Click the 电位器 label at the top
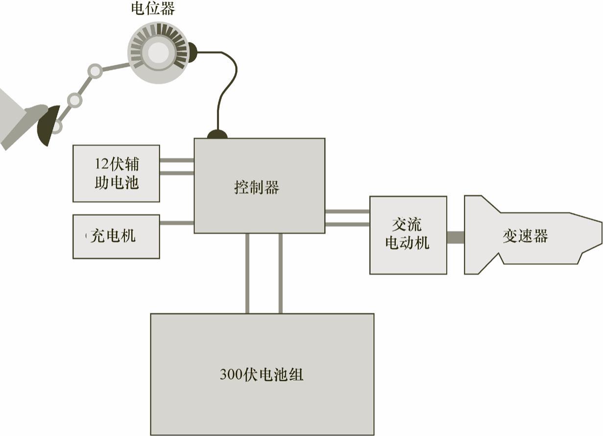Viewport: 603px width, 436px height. [153, 8]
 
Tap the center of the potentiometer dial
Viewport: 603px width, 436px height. [158, 53]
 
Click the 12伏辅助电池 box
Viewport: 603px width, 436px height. [116, 173]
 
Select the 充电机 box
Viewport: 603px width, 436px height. [116, 236]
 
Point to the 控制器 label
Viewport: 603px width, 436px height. [257, 187]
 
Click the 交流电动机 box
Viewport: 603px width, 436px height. [408, 235]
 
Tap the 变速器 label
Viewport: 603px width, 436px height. [525, 236]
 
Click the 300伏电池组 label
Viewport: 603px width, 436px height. [262, 375]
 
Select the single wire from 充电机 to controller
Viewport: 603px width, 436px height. [177, 223]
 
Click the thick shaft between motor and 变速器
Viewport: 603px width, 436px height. [456, 237]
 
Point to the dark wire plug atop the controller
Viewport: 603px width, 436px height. [217, 134]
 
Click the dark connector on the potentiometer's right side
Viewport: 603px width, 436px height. [192, 52]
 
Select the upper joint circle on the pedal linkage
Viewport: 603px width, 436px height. [95, 71]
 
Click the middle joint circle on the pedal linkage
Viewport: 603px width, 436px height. [74, 101]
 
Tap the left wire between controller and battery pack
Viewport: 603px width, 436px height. [247, 273]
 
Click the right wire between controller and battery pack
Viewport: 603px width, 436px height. [280, 273]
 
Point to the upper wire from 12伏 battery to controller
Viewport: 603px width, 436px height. [177, 160]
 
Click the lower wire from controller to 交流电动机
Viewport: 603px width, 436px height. [347, 225]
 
